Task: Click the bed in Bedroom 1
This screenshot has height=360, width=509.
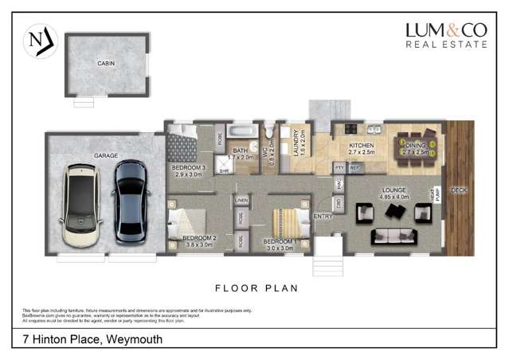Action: (284, 221)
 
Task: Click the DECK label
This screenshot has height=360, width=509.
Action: (459, 190)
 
